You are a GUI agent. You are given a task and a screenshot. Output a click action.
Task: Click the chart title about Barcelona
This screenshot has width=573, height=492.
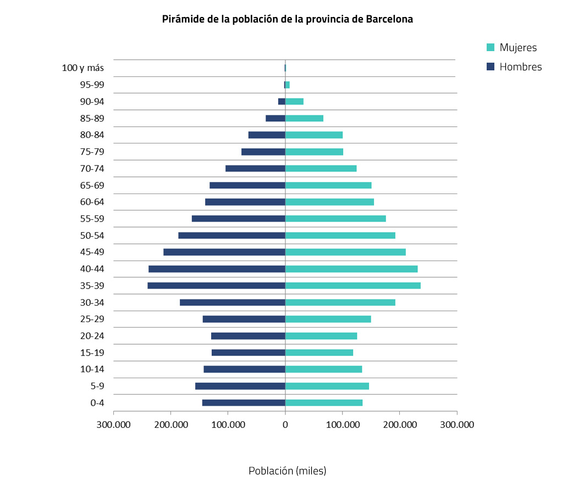(287, 19)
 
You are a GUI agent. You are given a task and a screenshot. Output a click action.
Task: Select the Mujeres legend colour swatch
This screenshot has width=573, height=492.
(491, 47)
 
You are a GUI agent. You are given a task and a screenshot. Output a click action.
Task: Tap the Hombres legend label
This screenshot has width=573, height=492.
(520, 67)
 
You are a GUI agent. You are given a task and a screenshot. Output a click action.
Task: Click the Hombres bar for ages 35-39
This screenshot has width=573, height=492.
(216, 286)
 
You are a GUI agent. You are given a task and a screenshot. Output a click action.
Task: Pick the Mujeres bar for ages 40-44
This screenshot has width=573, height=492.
(351, 269)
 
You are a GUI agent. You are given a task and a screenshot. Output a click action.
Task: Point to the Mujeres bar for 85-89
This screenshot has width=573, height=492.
(304, 118)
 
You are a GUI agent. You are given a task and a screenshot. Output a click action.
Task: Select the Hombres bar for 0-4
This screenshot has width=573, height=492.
(244, 403)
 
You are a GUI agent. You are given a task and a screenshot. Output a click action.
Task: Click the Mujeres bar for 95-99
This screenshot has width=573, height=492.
(288, 85)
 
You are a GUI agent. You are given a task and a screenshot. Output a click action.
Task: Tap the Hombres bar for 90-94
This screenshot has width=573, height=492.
(282, 102)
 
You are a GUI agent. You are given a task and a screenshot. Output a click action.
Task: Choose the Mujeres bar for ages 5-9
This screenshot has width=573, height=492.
(327, 386)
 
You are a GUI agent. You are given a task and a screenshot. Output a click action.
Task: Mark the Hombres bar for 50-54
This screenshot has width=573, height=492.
(232, 235)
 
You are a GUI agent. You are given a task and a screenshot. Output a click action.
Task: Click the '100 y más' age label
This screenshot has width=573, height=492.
(83, 68)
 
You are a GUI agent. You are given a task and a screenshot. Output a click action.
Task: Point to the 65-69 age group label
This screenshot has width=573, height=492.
(92, 185)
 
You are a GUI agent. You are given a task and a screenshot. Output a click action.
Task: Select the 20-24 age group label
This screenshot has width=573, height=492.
(92, 336)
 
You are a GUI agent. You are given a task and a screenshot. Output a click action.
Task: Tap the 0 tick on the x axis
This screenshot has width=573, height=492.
(285, 424)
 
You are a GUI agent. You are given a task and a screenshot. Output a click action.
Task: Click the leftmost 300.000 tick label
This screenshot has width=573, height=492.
(113, 424)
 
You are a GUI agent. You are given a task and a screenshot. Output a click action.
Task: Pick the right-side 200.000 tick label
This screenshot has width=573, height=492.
(399, 424)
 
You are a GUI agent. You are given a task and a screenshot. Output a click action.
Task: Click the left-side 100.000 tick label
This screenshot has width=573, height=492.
(228, 424)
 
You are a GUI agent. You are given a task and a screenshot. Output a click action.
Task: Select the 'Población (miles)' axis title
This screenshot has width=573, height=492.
(287, 471)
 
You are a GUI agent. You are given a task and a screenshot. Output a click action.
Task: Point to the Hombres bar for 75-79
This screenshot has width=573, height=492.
(263, 152)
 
